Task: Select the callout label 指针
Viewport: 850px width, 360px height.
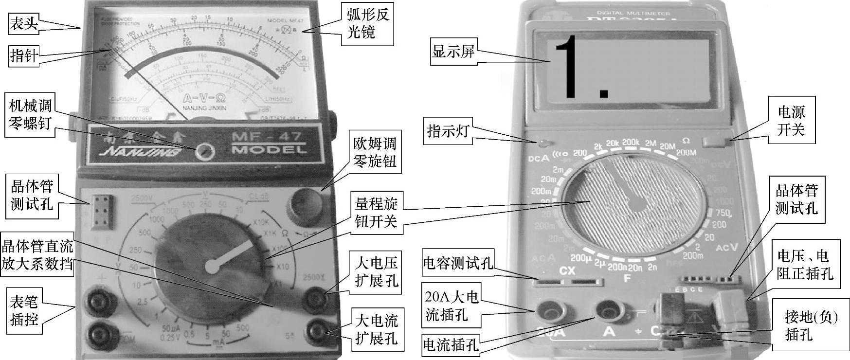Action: click(x=23, y=56)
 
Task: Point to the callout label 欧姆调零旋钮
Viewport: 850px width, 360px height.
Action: click(x=375, y=152)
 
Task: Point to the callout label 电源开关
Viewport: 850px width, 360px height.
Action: click(x=791, y=120)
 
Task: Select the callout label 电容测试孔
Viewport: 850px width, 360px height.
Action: click(x=457, y=263)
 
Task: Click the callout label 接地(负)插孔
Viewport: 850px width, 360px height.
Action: click(x=811, y=326)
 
